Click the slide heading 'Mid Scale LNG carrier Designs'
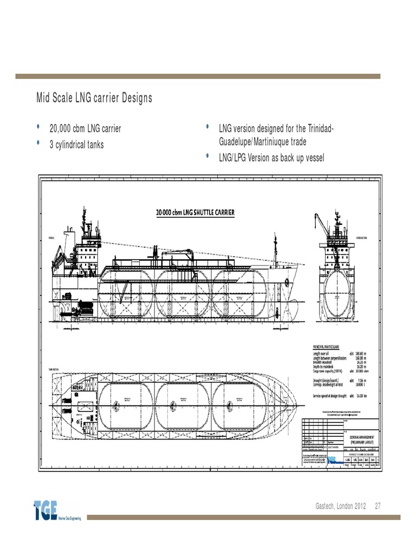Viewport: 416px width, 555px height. (x=94, y=98)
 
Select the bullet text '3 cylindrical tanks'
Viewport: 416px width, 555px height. (x=76, y=145)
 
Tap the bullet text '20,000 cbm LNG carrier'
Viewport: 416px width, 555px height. (x=85, y=129)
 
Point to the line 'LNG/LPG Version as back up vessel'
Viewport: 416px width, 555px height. (x=271, y=158)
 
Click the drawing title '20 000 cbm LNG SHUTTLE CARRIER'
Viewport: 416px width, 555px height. (x=196, y=212)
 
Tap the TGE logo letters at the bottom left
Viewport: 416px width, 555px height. (x=47, y=511)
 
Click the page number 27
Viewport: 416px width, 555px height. (x=378, y=506)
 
